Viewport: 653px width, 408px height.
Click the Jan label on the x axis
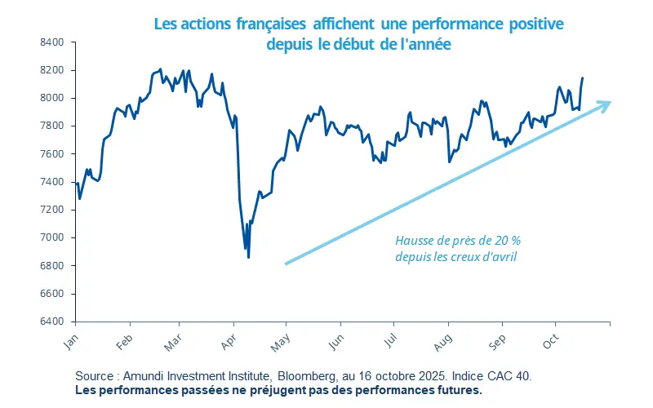[x=70, y=342]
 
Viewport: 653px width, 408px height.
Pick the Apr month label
[x=230, y=342]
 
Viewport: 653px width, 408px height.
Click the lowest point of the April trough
[x=248, y=257]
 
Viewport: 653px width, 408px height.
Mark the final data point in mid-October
[x=582, y=78]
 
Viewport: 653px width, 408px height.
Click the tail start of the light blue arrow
[x=286, y=264]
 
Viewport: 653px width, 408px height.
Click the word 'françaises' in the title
[x=275, y=24]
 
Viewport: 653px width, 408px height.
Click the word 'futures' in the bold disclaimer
[x=457, y=390]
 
